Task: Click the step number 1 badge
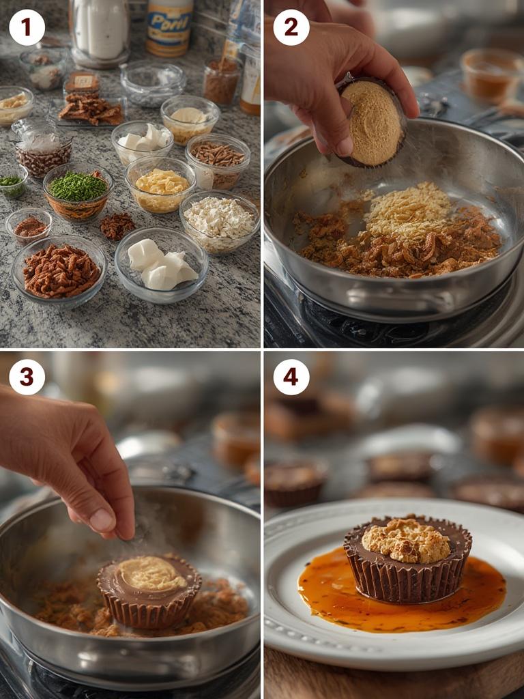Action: [27, 27]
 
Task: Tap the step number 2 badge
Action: [291, 27]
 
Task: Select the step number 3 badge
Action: [27, 377]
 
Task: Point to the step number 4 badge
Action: [291, 377]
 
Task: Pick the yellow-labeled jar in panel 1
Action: [169, 27]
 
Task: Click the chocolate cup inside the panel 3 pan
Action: [149, 591]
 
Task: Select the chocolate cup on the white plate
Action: [407, 560]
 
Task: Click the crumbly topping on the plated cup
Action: [407, 541]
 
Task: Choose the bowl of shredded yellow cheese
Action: [161, 184]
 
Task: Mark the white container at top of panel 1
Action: [100, 29]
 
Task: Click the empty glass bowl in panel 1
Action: [153, 82]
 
